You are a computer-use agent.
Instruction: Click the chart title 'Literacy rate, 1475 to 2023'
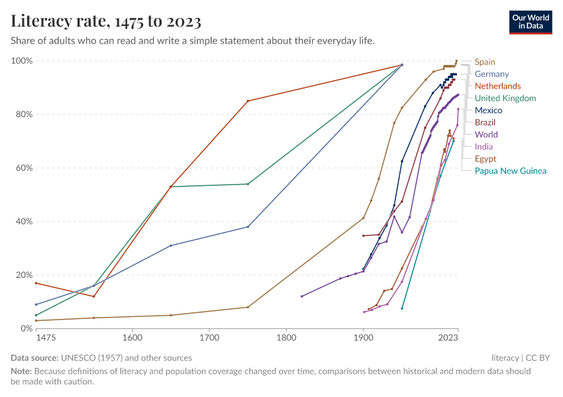click(106, 21)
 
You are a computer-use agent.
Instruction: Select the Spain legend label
click(485, 62)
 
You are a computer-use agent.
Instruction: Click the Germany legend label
click(491, 74)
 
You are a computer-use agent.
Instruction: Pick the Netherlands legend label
click(497, 86)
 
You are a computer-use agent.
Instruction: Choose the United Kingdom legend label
click(505, 98)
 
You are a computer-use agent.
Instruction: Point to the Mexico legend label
click(489, 110)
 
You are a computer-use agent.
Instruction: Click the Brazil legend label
click(485, 122)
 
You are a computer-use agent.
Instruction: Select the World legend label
click(486, 134)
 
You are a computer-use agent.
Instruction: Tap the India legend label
click(484, 146)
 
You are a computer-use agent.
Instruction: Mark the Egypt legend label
click(486, 159)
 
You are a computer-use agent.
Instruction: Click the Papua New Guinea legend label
click(510, 171)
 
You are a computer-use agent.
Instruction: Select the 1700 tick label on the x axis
click(209, 337)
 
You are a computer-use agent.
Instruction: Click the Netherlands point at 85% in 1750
click(248, 101)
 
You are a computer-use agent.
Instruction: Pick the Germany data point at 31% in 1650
click(171, 245)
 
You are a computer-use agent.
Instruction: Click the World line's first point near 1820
click(301, 296)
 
